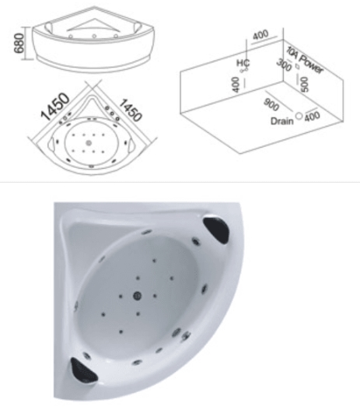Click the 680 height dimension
tap(19, 43)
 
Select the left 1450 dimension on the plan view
tap(55, 106)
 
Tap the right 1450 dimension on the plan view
tap(131, 110)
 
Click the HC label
tap(243, 63)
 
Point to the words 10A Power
tap(304, 60)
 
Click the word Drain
tap(282, 121)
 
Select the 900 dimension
tap(271, 104)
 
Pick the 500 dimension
tap(304, 84)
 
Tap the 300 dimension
tap(284, 65)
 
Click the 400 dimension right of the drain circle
tap(312, 116)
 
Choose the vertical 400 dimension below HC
tap(236, 85)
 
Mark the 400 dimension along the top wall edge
tap(260, 34)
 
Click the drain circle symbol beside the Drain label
tap(299, 116)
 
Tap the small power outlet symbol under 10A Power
tap(297, 66)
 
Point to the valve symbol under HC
tap(244, 70)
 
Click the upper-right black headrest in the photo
tap(216, 230)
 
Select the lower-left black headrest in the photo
tap(84, 370)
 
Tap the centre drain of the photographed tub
tap(138, 296)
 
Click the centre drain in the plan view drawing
tap(89, 143)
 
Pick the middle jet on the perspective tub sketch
tap(94, 37)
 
